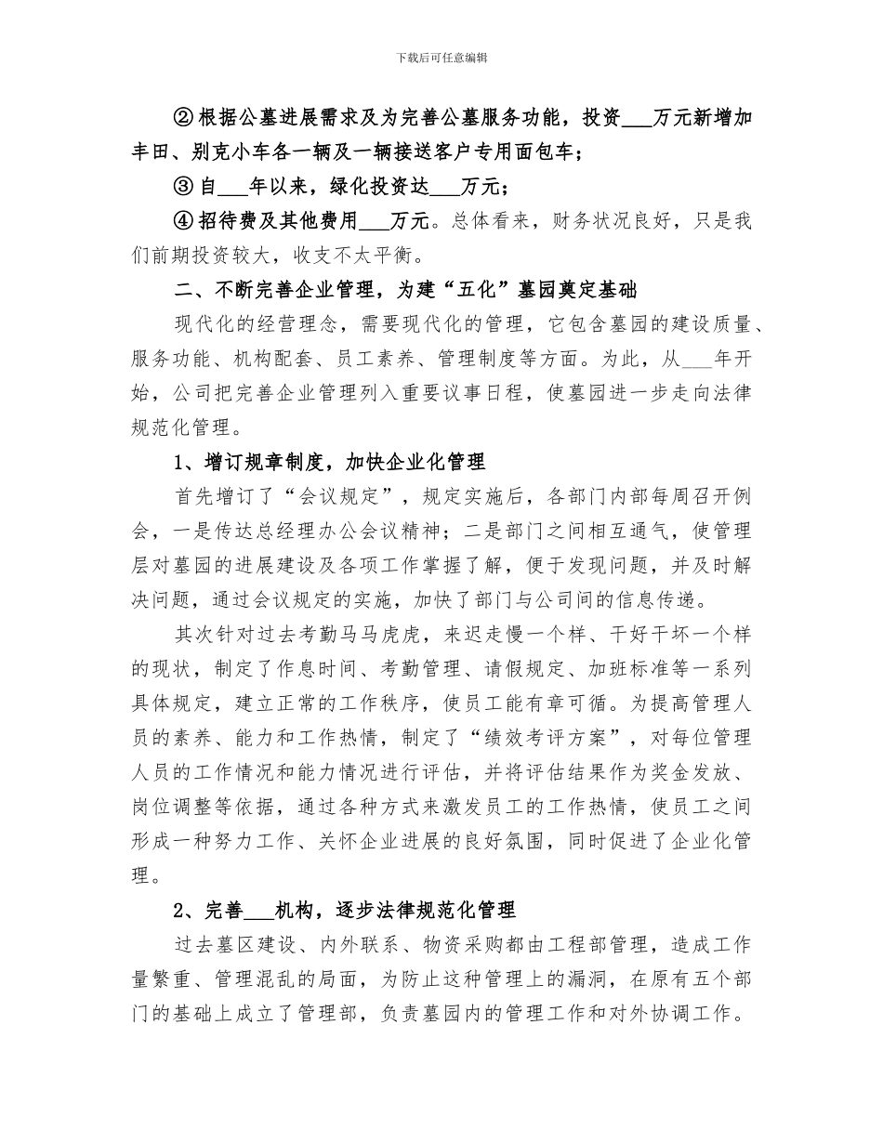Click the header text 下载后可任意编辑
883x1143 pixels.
tap(441, 58)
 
